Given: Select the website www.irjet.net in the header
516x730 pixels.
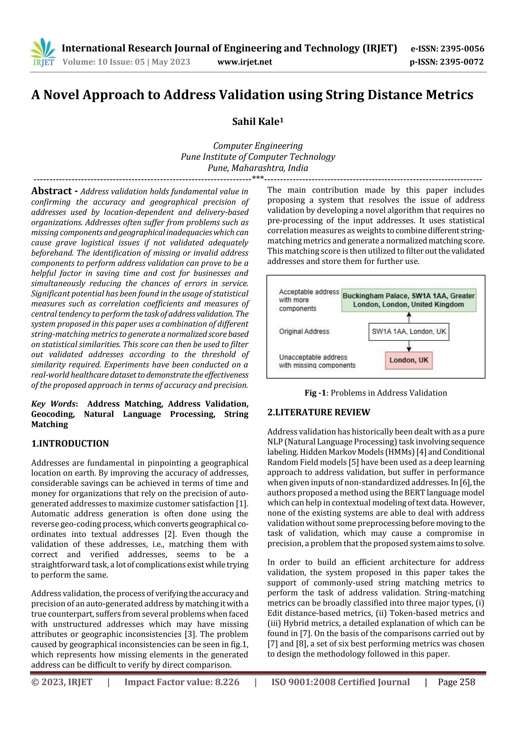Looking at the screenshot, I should [x=245, y=62].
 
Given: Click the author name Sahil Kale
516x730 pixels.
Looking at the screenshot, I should [x=257, y=122].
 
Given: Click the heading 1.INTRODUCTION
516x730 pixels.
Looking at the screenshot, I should [x=70, y=443].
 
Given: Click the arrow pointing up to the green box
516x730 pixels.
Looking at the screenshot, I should [x=409, y=317].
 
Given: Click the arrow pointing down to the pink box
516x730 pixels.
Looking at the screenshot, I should [x=409, y=346].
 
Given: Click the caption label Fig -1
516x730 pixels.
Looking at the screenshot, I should [x=315, y=393].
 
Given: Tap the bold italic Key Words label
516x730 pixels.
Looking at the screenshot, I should [x=53, y=404].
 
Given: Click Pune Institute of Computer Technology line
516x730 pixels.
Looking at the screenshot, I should [x=258, y=157].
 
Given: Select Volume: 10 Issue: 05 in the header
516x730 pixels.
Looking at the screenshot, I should [x=103, y=62].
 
